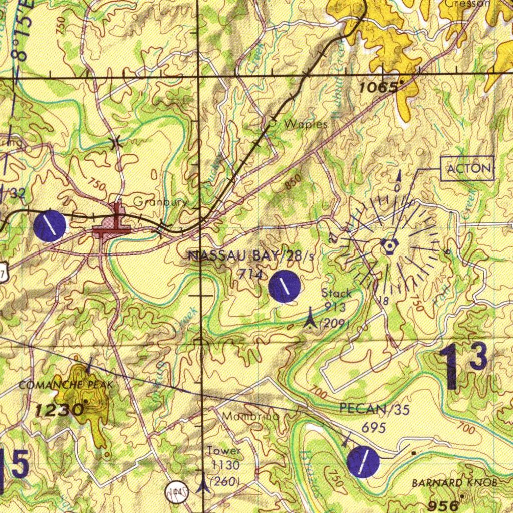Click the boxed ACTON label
[x=469, y=168]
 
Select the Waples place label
[x=306, y=124]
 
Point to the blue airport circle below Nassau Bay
[x=284, y=287]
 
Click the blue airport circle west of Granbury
[x=50, y=226]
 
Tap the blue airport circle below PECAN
[x=363, y=461]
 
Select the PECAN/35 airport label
[x=374, y=409]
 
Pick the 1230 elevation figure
[x=59, y=410]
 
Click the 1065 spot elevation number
[x=378, y=87]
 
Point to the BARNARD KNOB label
[x=454, y=483]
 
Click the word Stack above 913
[x=336, y=293]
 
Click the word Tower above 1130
[x=224, y=451]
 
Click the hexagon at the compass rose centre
[x=389, y=245]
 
